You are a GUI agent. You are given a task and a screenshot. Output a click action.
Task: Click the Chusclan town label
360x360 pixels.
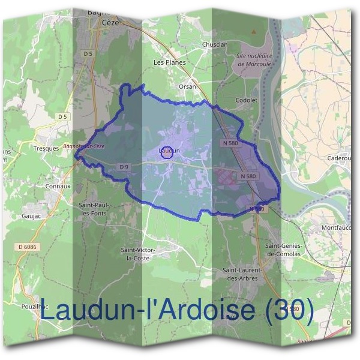pyautogui.click(x=215, y=44)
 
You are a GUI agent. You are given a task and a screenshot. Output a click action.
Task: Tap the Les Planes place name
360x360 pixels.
pyautogui.click(x=170, y=62)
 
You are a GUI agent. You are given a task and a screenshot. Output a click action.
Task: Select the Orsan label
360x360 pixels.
pyautogui.click(x=188, y=86)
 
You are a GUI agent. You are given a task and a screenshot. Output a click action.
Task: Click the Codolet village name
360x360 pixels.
pyautogui.click(x=247, y=100)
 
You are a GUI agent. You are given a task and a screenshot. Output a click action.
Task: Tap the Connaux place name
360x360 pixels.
pyautogui.click(x=58, y=186)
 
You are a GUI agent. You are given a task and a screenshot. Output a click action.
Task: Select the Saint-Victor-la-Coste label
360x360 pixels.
pyautogui.click(x=138, y=253)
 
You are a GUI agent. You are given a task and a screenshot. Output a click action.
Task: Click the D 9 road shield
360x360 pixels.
pyautogui.click(x=124, y=166)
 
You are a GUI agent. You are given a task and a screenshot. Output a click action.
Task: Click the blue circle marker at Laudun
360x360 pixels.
pyautogui.click(x=168, y=152)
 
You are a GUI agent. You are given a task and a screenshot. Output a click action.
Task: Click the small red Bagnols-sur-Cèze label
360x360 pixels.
pyautogui.click(x=83, y=147)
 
